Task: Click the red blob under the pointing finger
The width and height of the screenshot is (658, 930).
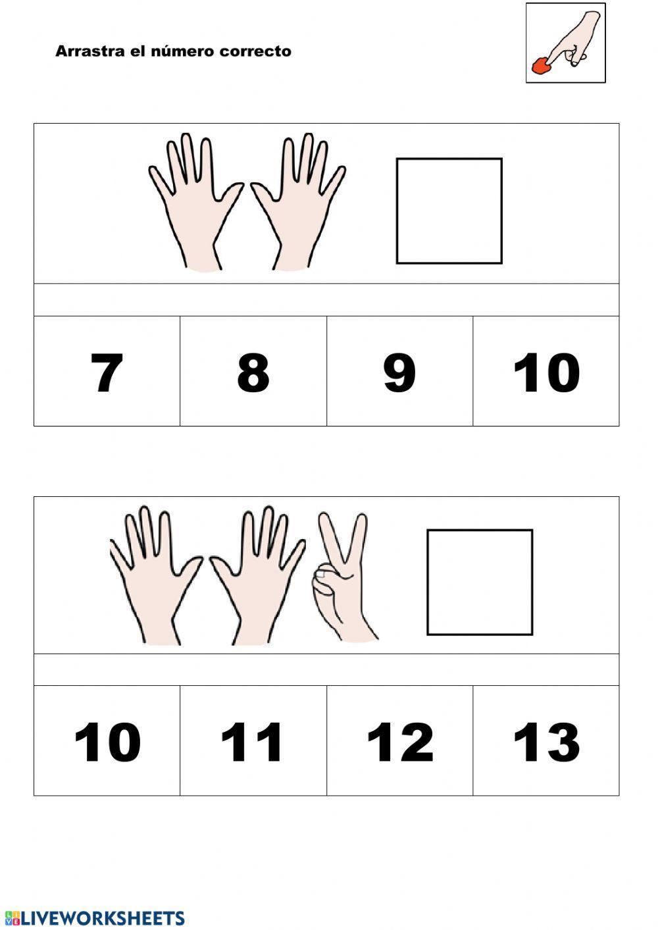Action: tap(540, 66)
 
